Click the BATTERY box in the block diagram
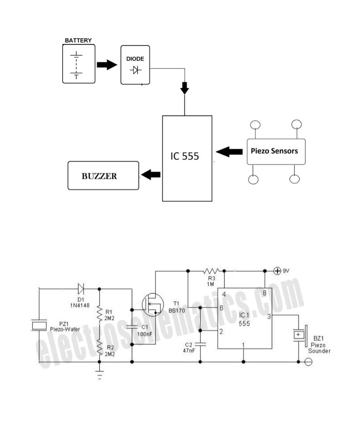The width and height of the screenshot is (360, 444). coord(78,64)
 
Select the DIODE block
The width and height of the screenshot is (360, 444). coord(135,65)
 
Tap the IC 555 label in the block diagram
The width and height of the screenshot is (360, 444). coord(185,156)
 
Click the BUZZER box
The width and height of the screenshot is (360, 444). coord(103,176)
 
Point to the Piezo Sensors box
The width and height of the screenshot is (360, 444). coord(276,151)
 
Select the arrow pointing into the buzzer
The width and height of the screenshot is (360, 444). coord(151,175)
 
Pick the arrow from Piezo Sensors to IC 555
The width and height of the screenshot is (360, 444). coord(229,152)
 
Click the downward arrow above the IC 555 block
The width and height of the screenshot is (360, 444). coord(185,88)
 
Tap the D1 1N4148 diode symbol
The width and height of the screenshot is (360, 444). coord(81,288)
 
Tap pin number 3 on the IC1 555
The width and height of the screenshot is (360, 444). coord(269,316)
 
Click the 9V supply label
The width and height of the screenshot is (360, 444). coord(286,271)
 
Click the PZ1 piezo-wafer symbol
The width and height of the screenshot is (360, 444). coord(39,326)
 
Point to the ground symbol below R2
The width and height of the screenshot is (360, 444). coord(99,375)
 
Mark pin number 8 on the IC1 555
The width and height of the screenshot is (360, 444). coord(264,293)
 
